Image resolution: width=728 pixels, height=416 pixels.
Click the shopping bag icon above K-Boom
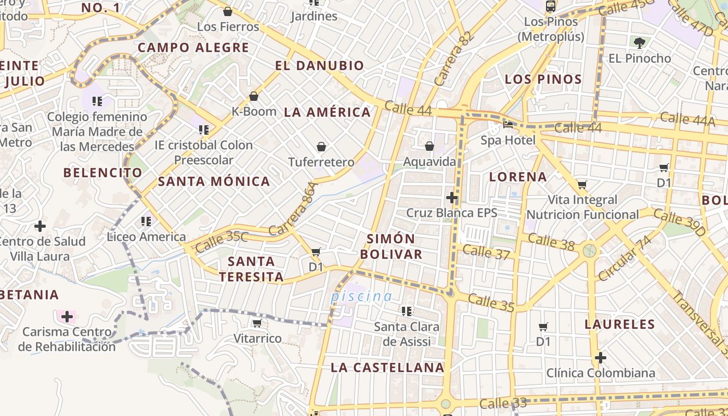[x=254, y=96]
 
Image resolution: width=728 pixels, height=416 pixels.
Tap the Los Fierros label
[x=228, y=27]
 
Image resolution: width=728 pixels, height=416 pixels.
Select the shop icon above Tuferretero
[x=321, y=147]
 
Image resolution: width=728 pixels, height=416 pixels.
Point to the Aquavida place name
[x=430, y=162]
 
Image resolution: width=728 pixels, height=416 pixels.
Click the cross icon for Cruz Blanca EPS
[x=452, y=198]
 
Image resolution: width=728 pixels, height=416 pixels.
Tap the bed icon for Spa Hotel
[x=508, y=125]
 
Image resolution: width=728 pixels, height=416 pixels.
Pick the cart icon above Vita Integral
[x=582, y=185]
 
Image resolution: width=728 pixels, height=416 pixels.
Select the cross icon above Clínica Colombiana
[x=601, y=358]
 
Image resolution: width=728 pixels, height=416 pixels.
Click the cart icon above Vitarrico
[x=256, y=323]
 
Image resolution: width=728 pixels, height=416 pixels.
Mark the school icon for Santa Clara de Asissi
[x=407, y=311]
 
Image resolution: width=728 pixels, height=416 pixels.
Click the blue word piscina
[x=362, y=296]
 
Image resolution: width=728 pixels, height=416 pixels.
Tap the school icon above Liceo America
[x=146, y=222]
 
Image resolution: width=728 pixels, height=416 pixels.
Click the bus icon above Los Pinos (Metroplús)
[x=551, y=6]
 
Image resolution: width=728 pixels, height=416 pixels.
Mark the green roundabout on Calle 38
[x=589, y=251]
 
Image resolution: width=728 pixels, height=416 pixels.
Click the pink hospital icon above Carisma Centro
[x=67, y=316]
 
